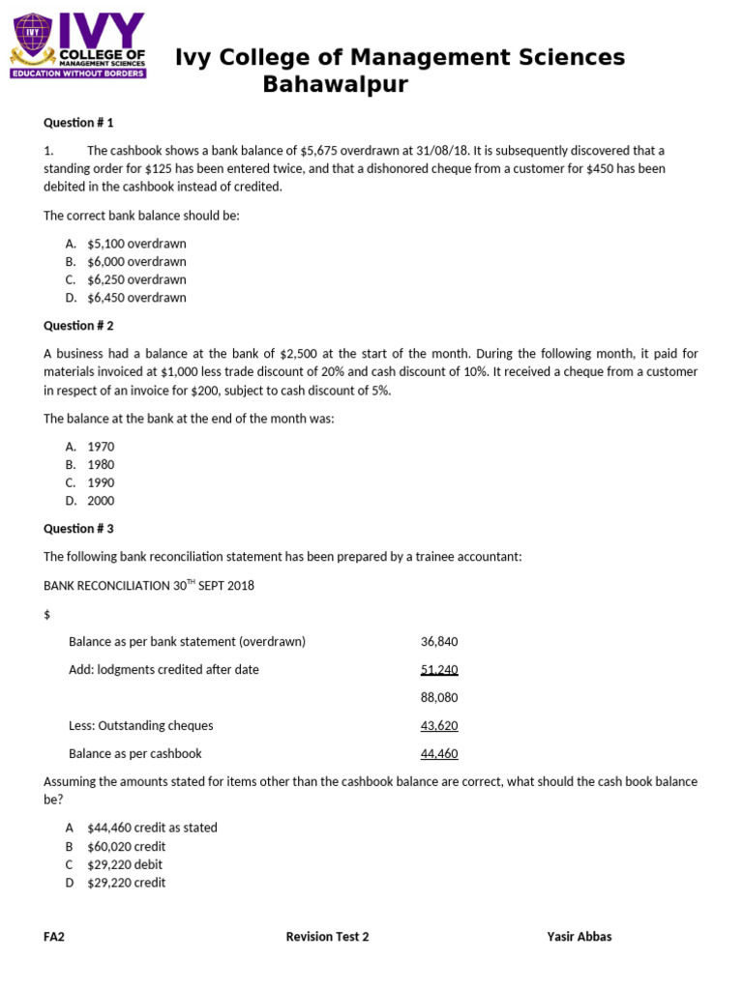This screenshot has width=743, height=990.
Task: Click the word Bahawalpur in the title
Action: pos(335,85)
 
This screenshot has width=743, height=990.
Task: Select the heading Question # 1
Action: pos(78,123)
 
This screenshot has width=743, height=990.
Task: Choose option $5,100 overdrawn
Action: pos(136,244)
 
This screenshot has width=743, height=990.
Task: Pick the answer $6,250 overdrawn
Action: pos(136,279)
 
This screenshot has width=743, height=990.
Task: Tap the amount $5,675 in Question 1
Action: pos(320,151)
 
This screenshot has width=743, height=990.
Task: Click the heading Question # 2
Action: pos(78,326)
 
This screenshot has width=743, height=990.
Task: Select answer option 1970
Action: pos(101,447)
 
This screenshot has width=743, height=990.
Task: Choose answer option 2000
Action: pos(101,501)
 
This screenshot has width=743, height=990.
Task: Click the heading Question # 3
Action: pos(78,529)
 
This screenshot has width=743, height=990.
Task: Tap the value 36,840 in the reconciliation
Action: pos(439,642)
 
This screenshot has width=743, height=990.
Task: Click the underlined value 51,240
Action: pos(439,669)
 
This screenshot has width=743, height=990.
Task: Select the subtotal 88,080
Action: pos(439,697)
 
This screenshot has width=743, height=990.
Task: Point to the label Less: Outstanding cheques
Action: pos(141,725)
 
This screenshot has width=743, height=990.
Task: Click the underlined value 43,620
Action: pos(439,725)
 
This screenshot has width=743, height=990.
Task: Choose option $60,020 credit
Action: pos(127,846)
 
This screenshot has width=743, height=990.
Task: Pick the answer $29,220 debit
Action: pos(126,864)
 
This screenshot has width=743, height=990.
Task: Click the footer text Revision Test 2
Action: pos(327,937)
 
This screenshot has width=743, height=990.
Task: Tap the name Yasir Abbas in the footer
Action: pos(579,937)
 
